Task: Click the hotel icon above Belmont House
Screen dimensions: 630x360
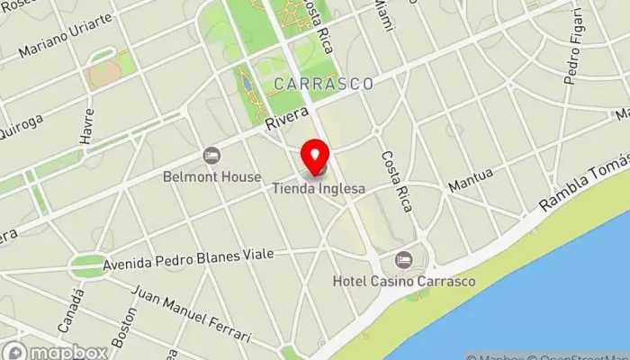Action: coord(212,156)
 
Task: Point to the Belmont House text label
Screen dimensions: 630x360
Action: coord(212,177)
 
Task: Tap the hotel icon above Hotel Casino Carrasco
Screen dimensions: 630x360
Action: coord(403,259)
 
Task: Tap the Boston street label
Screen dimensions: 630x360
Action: coord(121,330)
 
